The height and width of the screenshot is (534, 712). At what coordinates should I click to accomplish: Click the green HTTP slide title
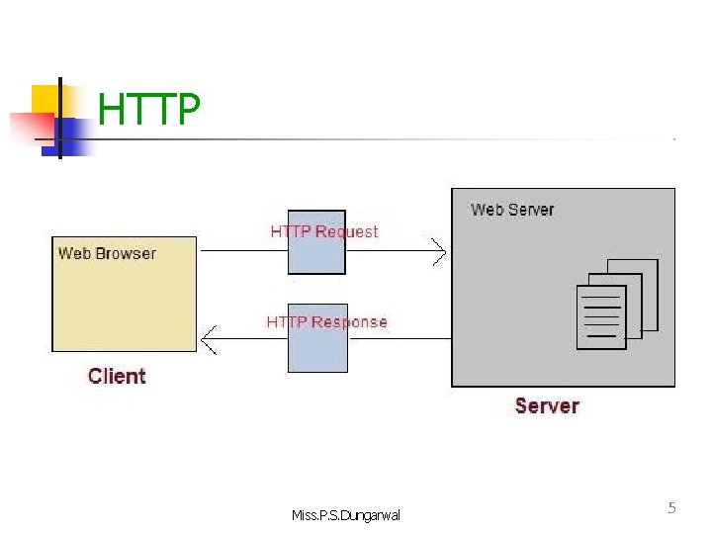click(x=149, y=111)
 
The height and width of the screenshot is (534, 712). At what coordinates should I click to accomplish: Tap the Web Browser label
click(x=107, y=253)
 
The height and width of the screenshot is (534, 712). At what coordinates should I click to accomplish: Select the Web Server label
click(x=512, y=210)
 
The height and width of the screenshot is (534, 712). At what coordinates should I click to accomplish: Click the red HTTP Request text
click(x=324, y=231)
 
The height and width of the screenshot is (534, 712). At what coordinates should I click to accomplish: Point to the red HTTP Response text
click(x=326, y=321)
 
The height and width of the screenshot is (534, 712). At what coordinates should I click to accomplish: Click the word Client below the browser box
click(x=117, y=376)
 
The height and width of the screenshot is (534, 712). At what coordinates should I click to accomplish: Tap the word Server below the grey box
click(x=547, y=405)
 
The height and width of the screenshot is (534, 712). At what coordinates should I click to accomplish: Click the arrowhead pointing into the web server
click(x=440, y=252)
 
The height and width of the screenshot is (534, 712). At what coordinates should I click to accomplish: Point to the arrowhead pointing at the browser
click(x=208, y=340)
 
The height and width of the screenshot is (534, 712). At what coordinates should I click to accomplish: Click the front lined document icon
click(x=601, y=317)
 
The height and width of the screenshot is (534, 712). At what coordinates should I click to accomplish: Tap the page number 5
click(x=672, y=508)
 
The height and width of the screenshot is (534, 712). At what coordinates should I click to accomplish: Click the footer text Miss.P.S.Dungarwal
click(x=347, y=514)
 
